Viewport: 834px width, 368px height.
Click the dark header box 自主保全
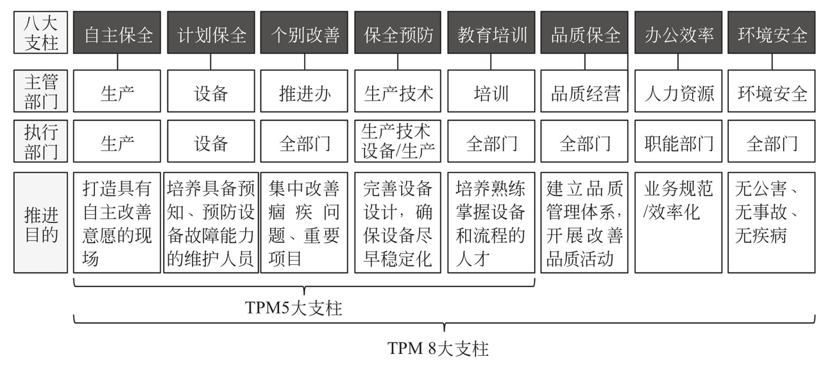[117, 32]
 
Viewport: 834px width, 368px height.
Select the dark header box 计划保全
[211, 32]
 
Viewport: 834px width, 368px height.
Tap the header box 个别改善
[304, 32]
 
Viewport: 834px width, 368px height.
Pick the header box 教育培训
[491, 32]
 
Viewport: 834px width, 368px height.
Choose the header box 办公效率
[678, 32]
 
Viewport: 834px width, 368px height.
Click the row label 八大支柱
[40, 32]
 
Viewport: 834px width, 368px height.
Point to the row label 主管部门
[40, 91]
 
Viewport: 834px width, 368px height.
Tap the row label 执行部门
[40, 141]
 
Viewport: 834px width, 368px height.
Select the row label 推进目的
[40, 222]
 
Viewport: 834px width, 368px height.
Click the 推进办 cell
[304, 91]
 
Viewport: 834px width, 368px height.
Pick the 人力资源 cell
[678, 91]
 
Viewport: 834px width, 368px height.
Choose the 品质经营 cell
[584, 91]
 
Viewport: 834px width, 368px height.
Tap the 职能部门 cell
[678, 141]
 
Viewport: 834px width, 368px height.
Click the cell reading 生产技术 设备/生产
[398, 141]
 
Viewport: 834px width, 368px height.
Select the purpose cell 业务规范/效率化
[678, 222]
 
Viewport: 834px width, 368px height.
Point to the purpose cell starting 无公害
[771, 222]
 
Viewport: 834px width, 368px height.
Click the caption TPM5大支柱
[293, 308]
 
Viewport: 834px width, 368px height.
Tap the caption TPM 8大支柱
[438, 348]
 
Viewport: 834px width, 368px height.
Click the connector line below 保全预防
[398, 62]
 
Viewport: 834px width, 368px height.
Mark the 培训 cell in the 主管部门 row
[491, 91]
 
